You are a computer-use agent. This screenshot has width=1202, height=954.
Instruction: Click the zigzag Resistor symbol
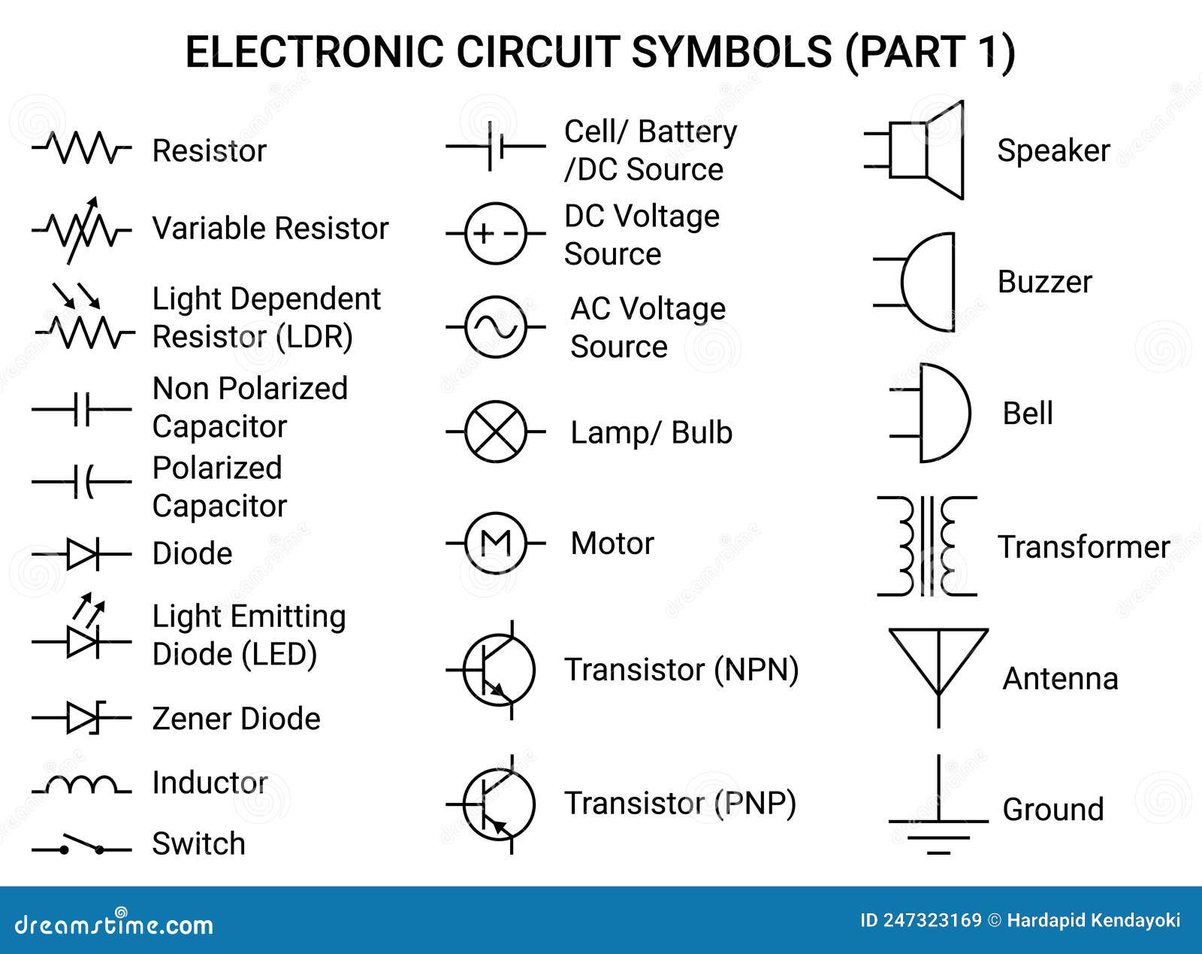[81, 149]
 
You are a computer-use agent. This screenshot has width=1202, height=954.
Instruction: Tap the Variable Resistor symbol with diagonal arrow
[81, 229]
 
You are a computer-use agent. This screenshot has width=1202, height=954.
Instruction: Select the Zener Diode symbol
[81, 718]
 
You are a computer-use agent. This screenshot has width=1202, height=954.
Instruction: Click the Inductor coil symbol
[81, 785]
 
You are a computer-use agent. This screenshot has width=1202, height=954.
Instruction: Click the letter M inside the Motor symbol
[495, 543]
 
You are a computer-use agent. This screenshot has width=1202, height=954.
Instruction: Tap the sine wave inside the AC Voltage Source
[495, 327]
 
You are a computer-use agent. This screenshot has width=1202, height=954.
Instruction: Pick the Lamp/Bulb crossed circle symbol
[495, 432]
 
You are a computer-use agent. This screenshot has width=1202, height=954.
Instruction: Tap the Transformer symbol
[927, 547]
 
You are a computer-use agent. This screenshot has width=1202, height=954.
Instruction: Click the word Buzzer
[1044, 282]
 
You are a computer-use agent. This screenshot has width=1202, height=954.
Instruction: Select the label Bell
[1027, 413]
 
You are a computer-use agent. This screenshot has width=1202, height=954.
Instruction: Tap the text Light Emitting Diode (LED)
[248, 635]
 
